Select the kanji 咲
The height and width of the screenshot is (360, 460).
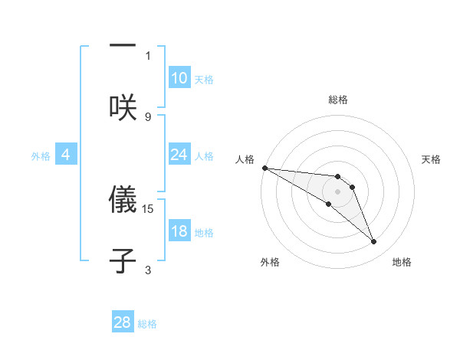click(123, 107)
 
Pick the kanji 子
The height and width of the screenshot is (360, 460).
click(123, 260)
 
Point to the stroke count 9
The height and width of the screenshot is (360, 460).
click(148, 116)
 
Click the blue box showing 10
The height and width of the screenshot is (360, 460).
click(179, 78)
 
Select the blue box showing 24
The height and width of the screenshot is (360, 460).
click(179, 155)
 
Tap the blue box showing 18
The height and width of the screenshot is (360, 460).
click(179, 231)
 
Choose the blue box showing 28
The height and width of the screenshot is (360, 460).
click(123, 322)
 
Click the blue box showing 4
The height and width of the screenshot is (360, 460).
click(66, 155)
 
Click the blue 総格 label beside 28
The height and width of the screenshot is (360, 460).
click(147, 324)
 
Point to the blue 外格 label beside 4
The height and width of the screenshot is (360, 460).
click(41, 156)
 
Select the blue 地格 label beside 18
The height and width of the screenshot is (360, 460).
click(204, 233)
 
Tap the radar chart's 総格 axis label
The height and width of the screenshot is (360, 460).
click(338, 100)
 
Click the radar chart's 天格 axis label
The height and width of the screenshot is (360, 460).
click(432, 159)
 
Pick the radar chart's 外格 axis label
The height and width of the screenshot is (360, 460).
click(270, 262)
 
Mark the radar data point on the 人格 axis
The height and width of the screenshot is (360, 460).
click(264, 168)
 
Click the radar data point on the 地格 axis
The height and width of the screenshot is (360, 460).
click(373, 242)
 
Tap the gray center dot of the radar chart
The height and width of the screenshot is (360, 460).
click(337, 191)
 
